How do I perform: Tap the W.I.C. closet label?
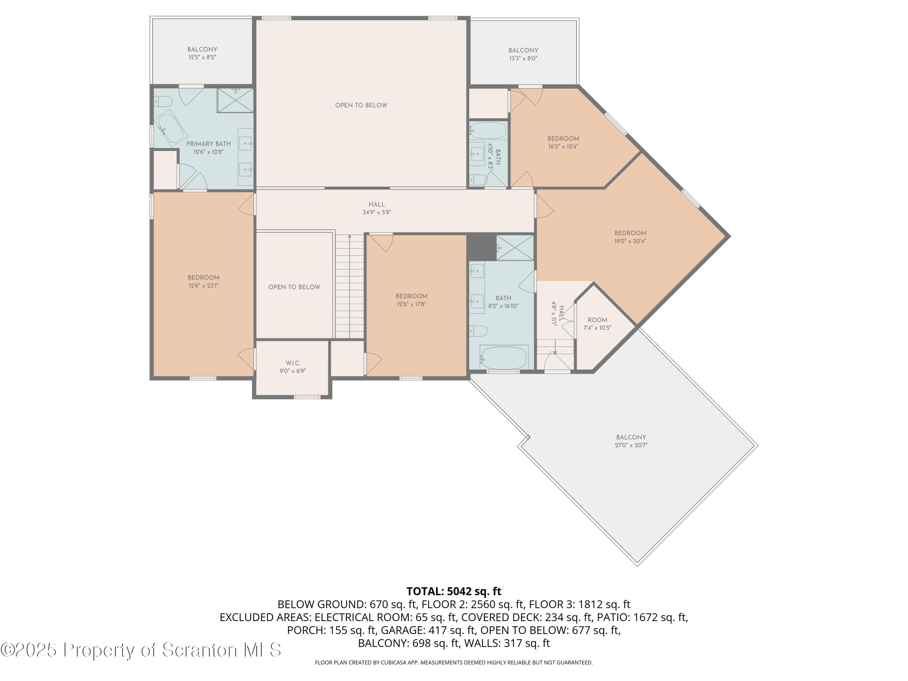[x=293, y=363]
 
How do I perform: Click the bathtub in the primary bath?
[x=170, y=128]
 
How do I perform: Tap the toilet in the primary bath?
[x=163, y=101]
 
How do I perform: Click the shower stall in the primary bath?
[x=235, y=100]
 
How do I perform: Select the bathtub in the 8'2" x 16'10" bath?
[x=504, y=357]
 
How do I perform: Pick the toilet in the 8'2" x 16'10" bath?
[x=478, y=331]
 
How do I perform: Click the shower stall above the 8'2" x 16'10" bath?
[x=515, y=248]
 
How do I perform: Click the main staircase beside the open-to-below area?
[x=349, y=286]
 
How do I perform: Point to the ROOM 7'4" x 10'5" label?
[x=597, y=324]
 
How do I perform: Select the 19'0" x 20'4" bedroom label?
[x=630, y=237]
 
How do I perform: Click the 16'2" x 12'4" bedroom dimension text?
[x=563, y=146]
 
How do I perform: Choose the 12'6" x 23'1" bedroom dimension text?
[x=204, y=286]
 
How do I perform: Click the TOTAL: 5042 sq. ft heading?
[x=454, y=591]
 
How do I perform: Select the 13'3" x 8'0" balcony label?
[x=523, y=54]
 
